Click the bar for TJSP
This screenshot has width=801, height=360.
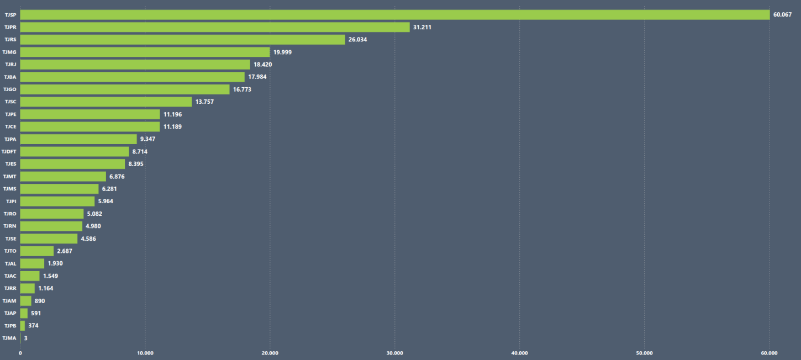[394, 14]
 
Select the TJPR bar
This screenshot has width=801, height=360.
[215, 27]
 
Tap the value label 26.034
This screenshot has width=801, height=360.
[357, 40]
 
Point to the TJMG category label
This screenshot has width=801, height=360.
[9, 52]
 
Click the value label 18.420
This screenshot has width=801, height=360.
[262, 65]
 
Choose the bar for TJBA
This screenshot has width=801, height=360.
[132, 77]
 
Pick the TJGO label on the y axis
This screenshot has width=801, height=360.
[9, 89]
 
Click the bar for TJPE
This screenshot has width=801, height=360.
[90, 114]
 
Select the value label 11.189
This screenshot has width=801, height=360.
[172, 126]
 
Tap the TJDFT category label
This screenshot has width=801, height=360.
[9, 151]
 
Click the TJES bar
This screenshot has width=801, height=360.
[72, 164]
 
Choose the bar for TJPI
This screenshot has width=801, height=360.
[57, 202]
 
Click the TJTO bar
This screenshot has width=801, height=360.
[37, 251]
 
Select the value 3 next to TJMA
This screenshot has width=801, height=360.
[25, 338]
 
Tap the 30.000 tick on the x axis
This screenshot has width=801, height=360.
[394, 353]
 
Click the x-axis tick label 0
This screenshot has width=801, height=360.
[20, 353]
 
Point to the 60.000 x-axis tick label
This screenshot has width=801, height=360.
[768, 353]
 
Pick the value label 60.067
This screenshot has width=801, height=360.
[782, 15]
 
